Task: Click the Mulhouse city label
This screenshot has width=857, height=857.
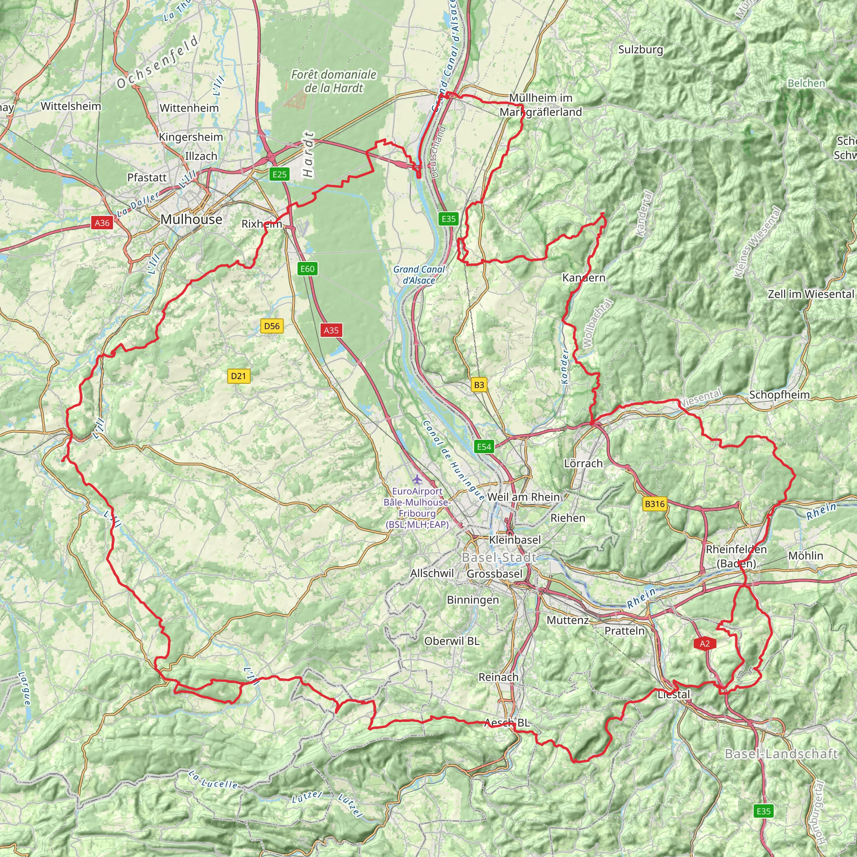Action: (x=191, y=219)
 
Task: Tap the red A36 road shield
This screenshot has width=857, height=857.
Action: (x=102, y=223)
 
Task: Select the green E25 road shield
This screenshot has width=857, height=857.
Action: (x=280, y=174)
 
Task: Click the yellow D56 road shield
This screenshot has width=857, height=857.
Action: (x=272, y=326)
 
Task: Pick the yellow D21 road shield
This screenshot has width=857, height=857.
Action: (x=238, y=376)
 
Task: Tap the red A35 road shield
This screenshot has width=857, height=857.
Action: (x=331, y=330)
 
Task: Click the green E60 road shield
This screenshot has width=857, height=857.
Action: (x=308, y=268)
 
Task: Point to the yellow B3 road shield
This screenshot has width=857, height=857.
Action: (x=479, y=385)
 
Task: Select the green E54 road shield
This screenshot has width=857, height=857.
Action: (x=484, y=446)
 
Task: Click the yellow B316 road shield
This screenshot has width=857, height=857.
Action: (x=655, y=503)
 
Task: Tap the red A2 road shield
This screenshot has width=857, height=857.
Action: (x=705, y=644)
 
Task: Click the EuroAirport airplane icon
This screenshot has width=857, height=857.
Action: (x=416, y=480)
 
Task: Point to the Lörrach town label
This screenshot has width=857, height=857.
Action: (x=583, y=463)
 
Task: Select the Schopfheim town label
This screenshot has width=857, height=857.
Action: (x=779, y=394)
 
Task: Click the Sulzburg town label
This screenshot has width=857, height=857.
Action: (x=641, y=50)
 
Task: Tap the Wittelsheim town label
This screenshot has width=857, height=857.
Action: (x=71, y=106)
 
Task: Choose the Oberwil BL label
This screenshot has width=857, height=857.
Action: (x=452, y=641)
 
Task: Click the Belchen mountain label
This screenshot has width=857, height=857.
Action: (x=806, y=83)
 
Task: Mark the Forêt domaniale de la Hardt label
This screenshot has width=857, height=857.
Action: (x=334, y=81)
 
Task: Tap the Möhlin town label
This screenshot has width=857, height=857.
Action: (x=806, y=556)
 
